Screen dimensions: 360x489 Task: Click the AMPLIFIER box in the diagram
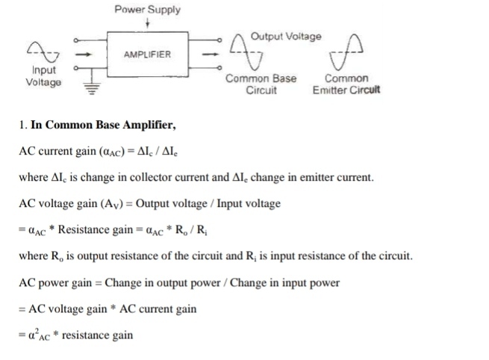(x=147, y=54)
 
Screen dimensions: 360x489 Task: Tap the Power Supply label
(x=147, y=10)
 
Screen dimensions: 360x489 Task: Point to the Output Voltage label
(x=286, y=36)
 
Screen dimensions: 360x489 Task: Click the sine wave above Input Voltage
(x=42, y=51)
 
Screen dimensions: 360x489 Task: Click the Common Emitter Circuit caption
(x=346, y=84)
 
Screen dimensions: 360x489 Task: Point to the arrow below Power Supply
(x=148, y=24)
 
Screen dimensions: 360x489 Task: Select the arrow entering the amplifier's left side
(x=85, y=54)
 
